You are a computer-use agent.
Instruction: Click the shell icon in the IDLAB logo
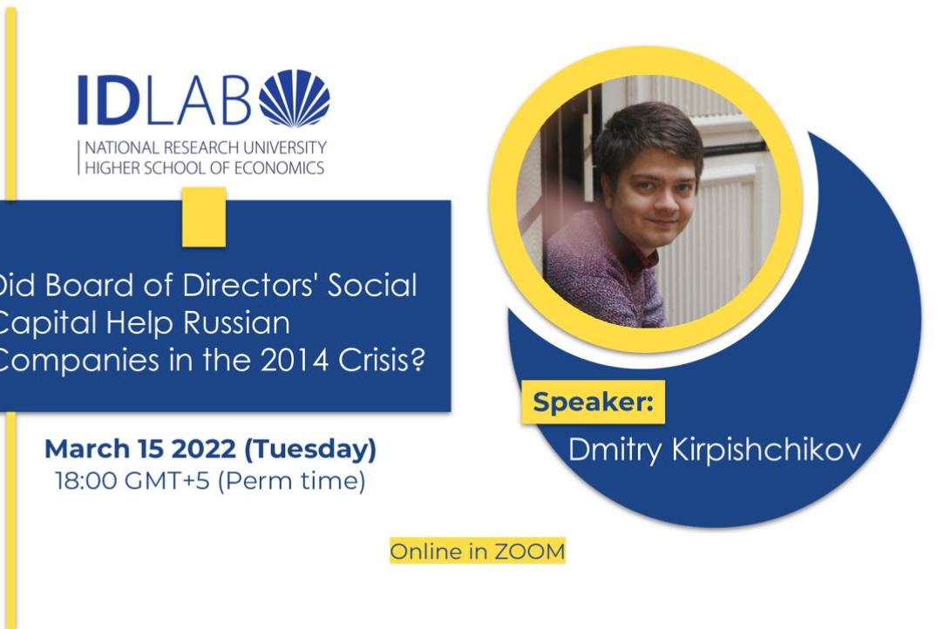[x=295, y=98]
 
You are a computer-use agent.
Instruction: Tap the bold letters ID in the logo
[x=106, y=100]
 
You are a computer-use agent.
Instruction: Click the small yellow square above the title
[x=204, y=217]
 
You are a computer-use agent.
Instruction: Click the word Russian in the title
[x=236, y=322]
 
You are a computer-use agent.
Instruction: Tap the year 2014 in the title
[x=295, y=361]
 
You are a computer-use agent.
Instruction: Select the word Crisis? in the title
[x=382, y=361]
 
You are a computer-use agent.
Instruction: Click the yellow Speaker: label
[x=593, y=402]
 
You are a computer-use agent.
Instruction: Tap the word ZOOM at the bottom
[x=530, y=551]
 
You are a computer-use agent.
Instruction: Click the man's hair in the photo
[x=647, y=135]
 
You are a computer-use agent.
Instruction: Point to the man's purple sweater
[x=596, y=271]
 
